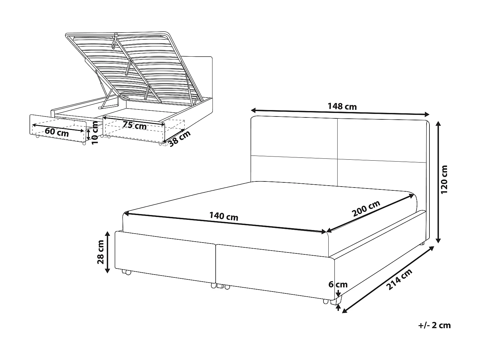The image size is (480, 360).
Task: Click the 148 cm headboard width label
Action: point(342,107)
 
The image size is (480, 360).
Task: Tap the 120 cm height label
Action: point(444,179)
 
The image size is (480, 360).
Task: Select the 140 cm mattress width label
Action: point(224,216)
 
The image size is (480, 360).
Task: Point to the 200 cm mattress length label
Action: point(366,209)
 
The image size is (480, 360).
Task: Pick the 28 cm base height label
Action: point(100,252)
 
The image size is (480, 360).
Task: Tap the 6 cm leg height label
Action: point(338,284)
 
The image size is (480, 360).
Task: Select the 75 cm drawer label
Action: point(134,125)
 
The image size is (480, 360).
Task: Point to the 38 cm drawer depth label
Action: point(180,139)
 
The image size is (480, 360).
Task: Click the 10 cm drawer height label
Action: point(95,133)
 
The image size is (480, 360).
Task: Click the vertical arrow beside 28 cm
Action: point(107,252)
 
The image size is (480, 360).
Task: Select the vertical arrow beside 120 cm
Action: point(438,182)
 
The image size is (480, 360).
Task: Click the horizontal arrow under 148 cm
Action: point(340,112)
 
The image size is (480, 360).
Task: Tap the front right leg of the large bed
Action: point(333,301)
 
